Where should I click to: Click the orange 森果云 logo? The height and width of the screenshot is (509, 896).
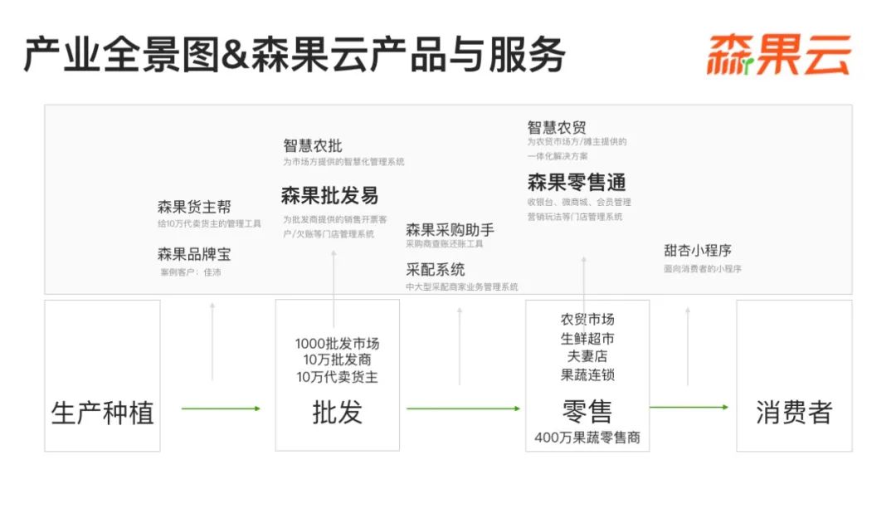pos(778,56)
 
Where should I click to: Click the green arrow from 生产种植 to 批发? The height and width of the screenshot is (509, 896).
pos(221,408)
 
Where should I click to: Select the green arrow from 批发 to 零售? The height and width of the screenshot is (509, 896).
pos(463,408)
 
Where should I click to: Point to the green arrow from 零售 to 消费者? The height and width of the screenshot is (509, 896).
pos(689,407)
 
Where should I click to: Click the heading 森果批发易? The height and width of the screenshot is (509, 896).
pos(329,196)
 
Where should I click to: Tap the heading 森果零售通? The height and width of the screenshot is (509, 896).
pos(576,182)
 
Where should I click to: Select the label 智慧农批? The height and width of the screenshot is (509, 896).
pos(312,145)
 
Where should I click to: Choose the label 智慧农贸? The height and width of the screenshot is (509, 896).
pos(557,127)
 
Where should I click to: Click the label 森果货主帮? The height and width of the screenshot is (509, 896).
pos(194,207)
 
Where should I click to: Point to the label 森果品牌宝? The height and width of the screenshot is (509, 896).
pos(194,254)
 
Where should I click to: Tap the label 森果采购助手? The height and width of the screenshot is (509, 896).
pos(450,229)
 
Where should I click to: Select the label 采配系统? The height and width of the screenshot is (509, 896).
pos(435,269)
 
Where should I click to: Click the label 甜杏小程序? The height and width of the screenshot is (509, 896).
pos(697,250)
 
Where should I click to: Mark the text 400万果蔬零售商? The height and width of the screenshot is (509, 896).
pos(587,438)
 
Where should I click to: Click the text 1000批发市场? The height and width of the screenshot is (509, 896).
pos(337,344)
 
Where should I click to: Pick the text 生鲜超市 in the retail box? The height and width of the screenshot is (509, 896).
pos(587,338)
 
